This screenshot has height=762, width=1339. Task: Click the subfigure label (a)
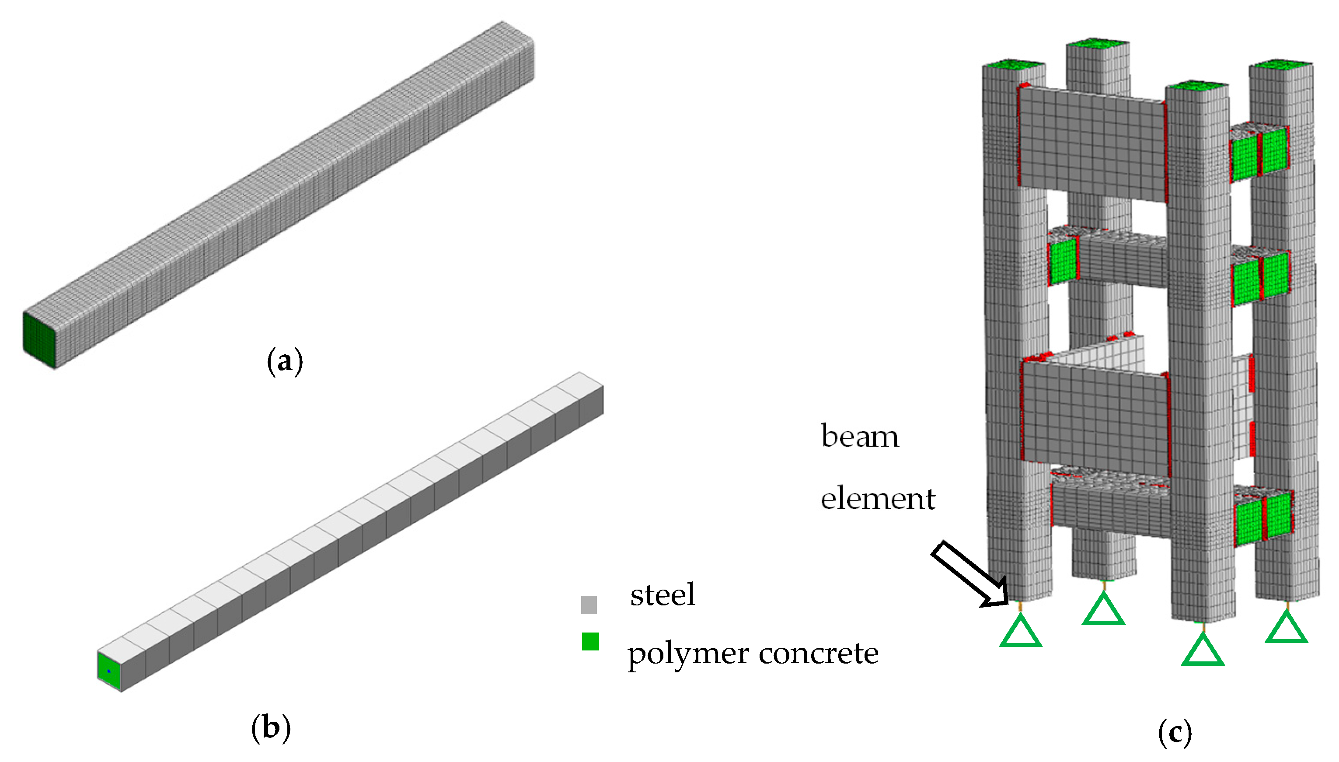[285, 362]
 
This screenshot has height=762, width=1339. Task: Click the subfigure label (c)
[1175, 733]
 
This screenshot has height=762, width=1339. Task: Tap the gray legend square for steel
[589, 605]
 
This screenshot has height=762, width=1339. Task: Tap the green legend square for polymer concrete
[590, 642]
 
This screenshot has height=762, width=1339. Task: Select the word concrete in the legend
[819, 653]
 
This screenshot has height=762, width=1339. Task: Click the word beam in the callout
[859, 437]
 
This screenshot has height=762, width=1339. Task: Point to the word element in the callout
[877, 498]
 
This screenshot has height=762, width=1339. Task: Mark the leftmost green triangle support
[1021, 633]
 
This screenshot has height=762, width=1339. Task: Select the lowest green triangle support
[1203, 652]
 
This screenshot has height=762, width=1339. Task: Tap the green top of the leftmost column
[1013, 65]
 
